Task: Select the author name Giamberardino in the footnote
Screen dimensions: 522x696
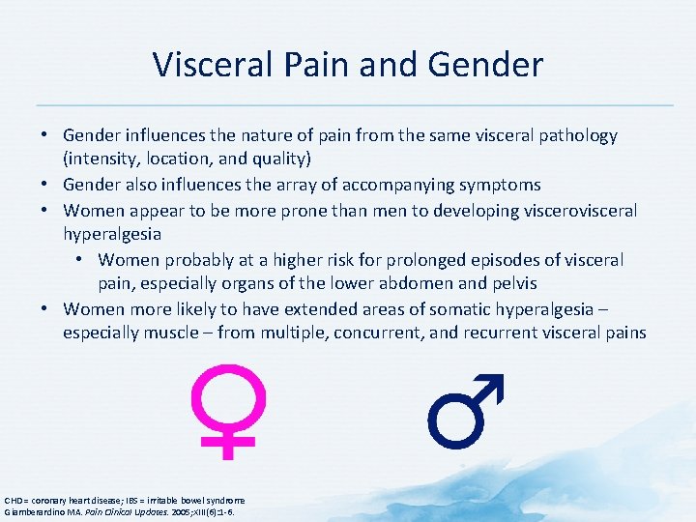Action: (x=36, y=510)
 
